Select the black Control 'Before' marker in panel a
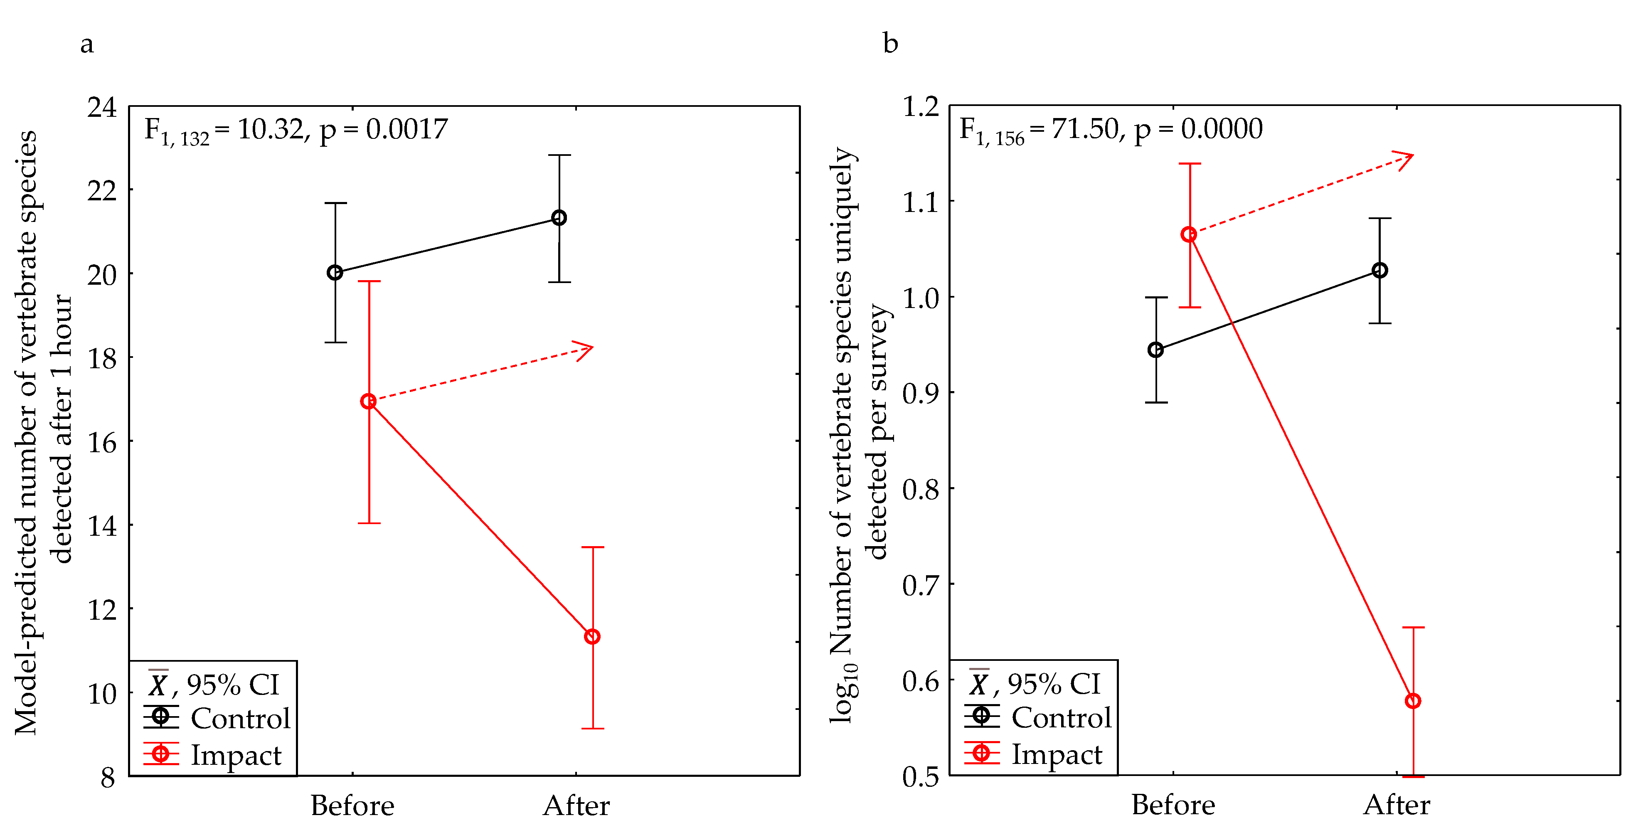[335, 273]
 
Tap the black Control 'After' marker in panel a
[559, 218]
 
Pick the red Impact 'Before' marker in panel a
[369, 401]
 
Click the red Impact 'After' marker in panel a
[592, 637]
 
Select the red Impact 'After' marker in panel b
[1413, 701]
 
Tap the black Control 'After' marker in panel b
[1380, 271]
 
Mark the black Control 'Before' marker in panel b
[1155, 350]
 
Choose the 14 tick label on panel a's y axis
[102, 526]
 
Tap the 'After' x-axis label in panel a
[576, 805]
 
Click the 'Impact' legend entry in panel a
[235, 755]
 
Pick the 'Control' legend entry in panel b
[1061, 717]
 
